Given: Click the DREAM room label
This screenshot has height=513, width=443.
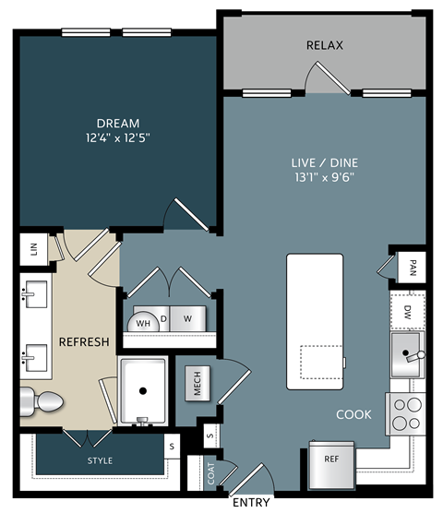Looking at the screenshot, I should [x=118, y=123].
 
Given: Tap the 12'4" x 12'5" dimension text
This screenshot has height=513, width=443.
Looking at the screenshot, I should [x=118, y=137].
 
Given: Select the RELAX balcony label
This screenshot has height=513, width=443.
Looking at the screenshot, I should [x=325, y=45].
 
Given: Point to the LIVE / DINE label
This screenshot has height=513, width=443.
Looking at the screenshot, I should [x=323, y=162].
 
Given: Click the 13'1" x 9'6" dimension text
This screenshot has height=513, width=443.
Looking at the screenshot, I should [x=323, y=177].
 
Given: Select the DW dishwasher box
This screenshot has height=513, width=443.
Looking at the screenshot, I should [x=407, y=312].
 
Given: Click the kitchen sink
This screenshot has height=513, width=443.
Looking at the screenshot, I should [x=407, y=353].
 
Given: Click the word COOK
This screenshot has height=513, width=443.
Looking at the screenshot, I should [x=353, y=414].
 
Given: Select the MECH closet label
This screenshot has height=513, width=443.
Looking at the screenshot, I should [x=198, y=384].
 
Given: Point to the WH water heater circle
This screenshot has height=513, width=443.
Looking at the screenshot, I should [x=143, y=323].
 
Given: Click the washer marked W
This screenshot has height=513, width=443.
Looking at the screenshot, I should [x=187, y=319].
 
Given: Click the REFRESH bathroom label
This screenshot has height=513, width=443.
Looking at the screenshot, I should [x=84, y=342].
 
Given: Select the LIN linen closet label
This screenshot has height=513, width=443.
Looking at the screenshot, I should [x=33, y=249].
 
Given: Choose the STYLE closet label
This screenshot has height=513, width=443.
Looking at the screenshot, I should [x=100, y=459].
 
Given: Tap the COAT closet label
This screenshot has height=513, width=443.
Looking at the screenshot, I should [x=210, y=474].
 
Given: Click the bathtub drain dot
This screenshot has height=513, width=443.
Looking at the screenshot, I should [x=142, y=390].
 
